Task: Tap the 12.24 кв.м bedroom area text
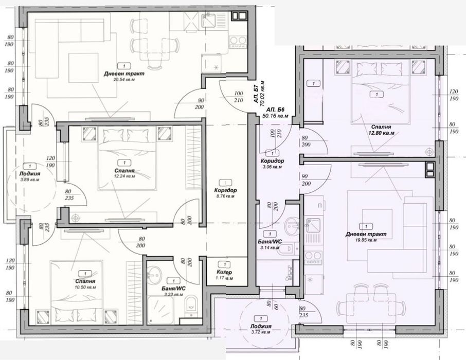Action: pos(125,176)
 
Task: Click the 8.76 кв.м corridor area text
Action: pos(225,196)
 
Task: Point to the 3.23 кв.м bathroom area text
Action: pos(174,296)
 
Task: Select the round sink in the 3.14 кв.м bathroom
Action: pos(291,224)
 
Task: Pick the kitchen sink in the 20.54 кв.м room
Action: pos(209,20)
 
